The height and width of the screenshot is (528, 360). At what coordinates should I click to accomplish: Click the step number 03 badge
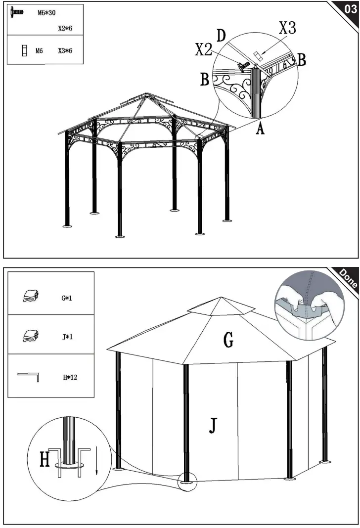pos(348,8)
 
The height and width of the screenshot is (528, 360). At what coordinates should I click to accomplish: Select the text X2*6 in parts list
pos(65,29)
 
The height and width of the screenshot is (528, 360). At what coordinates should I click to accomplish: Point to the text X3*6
pos(65,50)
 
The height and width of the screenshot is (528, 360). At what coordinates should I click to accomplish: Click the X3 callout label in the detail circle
pos(287,29)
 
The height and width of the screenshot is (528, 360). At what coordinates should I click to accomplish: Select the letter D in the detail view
pos(221,36)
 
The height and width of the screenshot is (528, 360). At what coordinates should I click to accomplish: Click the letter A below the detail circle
pos(260,129)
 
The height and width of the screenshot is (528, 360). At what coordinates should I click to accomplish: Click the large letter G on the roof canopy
pos(228,340)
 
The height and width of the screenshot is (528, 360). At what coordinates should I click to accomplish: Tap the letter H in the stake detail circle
pos(45,460)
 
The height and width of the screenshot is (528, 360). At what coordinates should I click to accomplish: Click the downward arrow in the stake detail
pos(97,460)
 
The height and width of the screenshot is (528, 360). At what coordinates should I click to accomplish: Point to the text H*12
pos(70,378)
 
